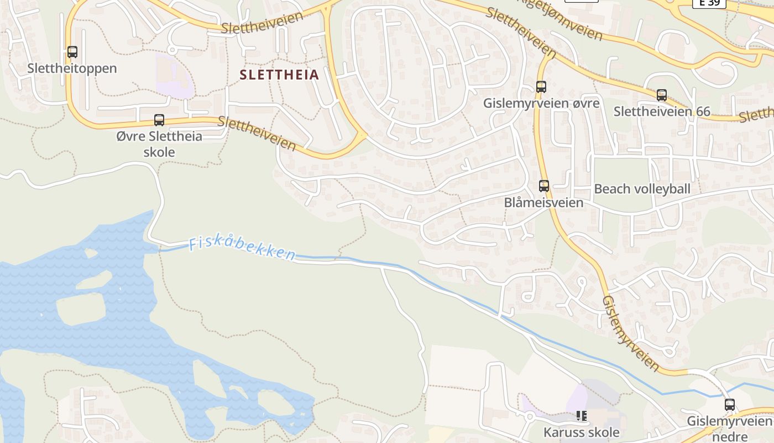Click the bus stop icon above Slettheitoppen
point(72,52)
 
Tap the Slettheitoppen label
point(72,69)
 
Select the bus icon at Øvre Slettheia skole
point(159,120)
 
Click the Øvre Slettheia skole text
point(159,144)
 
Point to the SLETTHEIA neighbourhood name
point(280,75)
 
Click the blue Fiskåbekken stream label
point(242,249)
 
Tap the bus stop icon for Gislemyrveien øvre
point(541,87)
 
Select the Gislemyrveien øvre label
point(541,104)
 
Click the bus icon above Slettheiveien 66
point(662,95)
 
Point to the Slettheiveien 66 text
point(662,111)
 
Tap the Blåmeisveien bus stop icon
point(544,186)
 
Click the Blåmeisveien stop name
point(544,203)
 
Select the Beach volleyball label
point(642,189)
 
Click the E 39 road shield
point(709,3)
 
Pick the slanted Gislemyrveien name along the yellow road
point(631,333)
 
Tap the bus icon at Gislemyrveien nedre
point(730,404)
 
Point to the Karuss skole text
point(581,432)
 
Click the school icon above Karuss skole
point(581,415)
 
